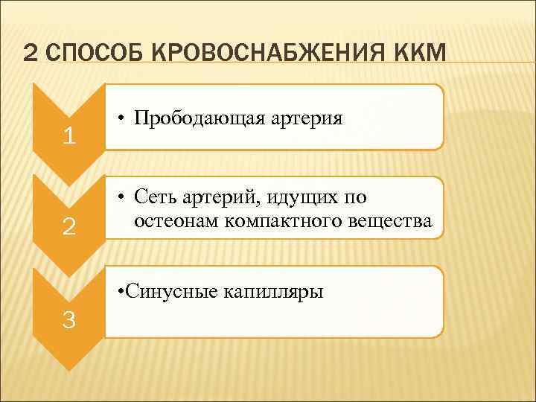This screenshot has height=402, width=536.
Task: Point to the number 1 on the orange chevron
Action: [68, 137]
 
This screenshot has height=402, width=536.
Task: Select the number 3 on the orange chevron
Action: [68, 320]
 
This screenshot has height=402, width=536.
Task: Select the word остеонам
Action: [172, 222]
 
